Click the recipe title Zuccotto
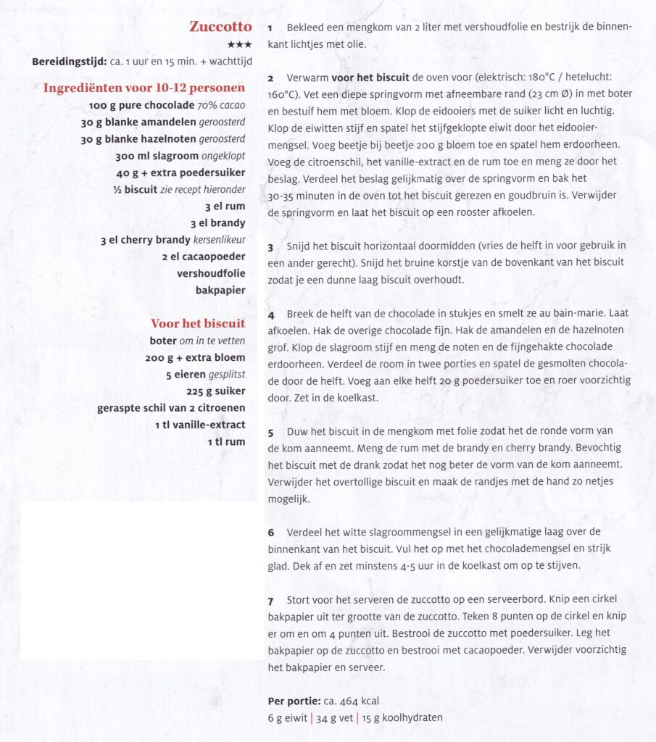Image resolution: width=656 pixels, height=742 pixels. pos(220,28)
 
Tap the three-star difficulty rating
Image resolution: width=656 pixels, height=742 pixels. pos(239,45)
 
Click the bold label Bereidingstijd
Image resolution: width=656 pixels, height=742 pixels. pos(69,62)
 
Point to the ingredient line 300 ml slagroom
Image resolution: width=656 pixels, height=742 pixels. pos(180,156)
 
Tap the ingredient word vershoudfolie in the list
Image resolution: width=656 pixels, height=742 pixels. pos(211,274)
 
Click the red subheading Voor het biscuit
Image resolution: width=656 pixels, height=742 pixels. pos(198,323)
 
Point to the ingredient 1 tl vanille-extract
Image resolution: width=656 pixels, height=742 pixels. pos(199,425)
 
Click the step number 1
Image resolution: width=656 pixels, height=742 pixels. pos(270,28)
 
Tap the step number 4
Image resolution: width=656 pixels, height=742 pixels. pos(270,315)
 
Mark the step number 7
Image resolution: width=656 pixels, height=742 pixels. pos(270,602)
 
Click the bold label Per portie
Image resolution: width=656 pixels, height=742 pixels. pos(292,701)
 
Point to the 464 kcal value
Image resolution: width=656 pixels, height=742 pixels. pos(356,701)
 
